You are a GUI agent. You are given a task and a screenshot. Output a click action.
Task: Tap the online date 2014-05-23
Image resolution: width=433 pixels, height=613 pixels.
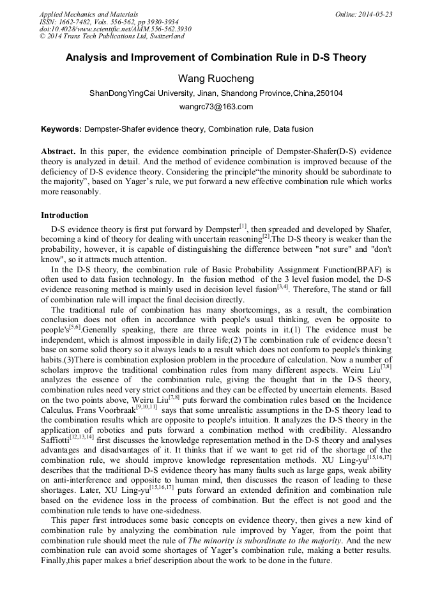pos(374,13)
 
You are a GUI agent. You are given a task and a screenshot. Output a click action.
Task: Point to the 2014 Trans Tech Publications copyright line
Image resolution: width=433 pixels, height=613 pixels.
pos(112,36)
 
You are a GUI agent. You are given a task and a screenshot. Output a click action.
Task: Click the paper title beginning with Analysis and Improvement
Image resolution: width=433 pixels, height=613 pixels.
pos(216,58)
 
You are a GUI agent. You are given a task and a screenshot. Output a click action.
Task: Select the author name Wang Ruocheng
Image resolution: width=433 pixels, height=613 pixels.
pos(216,79)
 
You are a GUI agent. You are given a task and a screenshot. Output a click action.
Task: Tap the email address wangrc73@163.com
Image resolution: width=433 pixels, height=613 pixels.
pos(216,107)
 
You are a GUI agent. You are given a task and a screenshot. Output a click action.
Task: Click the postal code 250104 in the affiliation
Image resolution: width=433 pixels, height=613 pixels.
pos(329,93)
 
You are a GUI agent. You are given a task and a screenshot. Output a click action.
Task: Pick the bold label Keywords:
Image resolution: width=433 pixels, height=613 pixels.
pos(61,128)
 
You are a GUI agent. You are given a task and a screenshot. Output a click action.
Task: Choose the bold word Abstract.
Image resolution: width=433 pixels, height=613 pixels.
pos(58,151)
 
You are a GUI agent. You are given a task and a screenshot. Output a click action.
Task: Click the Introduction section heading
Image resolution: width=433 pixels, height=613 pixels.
pos(65,215)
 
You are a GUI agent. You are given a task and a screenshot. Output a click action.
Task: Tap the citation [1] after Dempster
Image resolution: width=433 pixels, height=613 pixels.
pos(243,226)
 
